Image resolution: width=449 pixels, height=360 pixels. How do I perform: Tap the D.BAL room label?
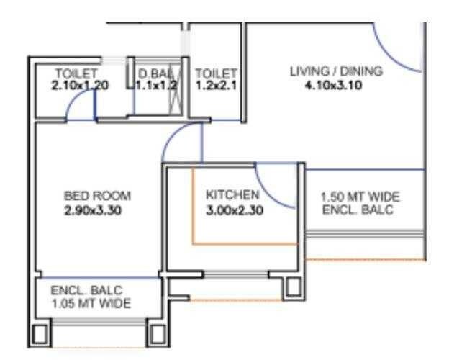coord(154,73)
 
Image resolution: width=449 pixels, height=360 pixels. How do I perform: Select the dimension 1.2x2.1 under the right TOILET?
coord(217,85)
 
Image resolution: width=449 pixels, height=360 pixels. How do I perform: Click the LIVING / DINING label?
coord(336,71)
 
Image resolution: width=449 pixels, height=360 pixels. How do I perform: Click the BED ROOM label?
coord(98,196)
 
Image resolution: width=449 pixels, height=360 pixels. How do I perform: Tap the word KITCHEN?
coord(232,195)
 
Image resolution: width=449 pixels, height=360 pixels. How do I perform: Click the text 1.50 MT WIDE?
coord(360,197)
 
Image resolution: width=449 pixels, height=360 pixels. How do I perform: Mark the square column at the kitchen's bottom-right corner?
coord(291,287)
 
